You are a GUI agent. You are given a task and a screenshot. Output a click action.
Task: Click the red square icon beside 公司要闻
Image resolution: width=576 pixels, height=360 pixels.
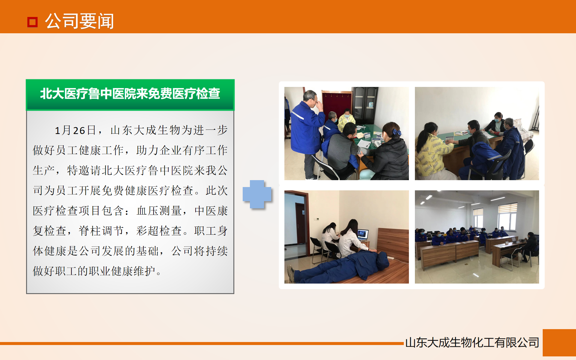32,22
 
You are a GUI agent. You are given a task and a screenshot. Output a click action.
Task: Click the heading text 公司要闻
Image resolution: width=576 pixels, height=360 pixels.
79,21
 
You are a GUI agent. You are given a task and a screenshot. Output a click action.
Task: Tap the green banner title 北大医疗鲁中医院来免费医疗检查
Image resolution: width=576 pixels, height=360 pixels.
130,94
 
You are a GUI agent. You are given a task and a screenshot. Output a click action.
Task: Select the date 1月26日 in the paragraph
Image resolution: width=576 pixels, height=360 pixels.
75,130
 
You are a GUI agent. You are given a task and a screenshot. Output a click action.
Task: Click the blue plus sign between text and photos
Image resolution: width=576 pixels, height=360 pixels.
257,194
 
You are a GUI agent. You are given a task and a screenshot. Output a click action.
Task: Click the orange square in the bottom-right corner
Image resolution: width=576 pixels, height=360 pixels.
559,343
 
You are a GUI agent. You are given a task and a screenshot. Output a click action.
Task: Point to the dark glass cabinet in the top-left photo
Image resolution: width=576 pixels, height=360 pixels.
364,105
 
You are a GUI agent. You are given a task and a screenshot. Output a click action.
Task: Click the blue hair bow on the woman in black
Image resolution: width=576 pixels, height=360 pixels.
397,132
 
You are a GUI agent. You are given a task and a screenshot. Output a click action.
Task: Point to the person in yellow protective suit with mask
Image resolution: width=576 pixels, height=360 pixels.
346,120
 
